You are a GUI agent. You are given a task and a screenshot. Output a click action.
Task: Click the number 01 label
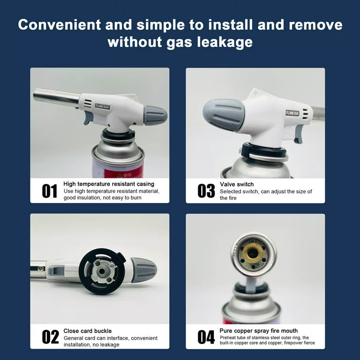[x=49, y=191]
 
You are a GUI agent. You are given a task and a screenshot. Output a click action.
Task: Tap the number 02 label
[x=50, y=337]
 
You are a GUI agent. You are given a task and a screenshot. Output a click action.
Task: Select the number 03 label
[x=206, y=191]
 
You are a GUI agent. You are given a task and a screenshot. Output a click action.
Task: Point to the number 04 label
[x=206, y=337]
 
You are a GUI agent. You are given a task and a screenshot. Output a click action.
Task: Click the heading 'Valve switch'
[x=237, y=184]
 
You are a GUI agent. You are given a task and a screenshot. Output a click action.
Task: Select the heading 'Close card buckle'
[x=88, y=331]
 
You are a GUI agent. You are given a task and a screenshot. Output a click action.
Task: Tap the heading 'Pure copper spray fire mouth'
[x=259, y=331]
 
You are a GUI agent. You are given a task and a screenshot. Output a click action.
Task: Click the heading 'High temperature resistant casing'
[x=109, y=184]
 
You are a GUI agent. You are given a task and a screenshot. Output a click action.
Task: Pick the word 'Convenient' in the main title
[x=60, y=24]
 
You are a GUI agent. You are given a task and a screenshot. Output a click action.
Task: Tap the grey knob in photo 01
[x=156, y=115]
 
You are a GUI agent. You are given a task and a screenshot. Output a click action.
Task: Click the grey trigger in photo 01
[x=88, y=118]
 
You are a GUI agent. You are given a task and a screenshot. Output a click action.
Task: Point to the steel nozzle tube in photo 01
[x=56, y=97]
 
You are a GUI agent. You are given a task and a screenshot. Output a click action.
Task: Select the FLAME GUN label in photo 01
[x=102, y=106]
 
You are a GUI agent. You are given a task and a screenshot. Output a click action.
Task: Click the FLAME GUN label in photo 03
[x=292, y=113]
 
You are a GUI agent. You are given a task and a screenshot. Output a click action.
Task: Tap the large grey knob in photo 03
[x=224, y=115]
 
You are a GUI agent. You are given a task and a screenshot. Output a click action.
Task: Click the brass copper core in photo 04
[x=253, y=254]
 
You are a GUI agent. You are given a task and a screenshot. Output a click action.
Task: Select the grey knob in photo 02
[x=144, y=270]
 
